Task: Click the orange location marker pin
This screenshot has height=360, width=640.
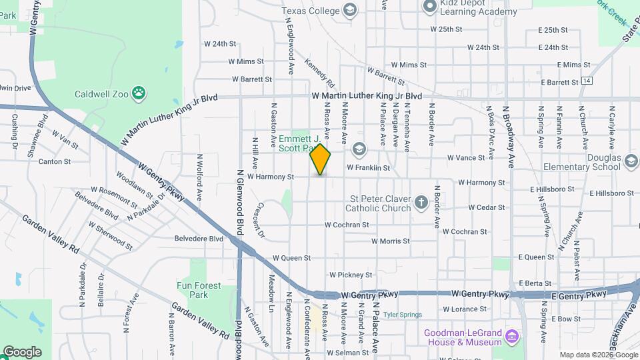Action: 321,159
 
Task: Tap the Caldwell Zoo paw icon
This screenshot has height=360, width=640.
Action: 139,93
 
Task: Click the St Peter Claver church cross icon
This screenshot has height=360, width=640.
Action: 421,202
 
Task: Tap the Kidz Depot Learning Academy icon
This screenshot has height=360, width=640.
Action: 430,6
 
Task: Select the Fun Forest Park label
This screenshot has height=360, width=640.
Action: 198,290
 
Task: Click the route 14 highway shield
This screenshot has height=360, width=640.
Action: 586,81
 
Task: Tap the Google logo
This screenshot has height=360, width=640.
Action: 22,351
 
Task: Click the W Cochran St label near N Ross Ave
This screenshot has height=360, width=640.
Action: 347,225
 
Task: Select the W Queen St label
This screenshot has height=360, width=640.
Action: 292,257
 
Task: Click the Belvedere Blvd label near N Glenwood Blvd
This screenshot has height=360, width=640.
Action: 199,238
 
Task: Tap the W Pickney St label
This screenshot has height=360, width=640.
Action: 351,275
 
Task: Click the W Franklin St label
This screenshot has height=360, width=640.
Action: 367,168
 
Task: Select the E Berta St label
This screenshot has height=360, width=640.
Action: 535,283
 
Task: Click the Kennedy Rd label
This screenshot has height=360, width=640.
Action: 319,73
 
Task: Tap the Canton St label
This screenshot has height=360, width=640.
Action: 55,161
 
